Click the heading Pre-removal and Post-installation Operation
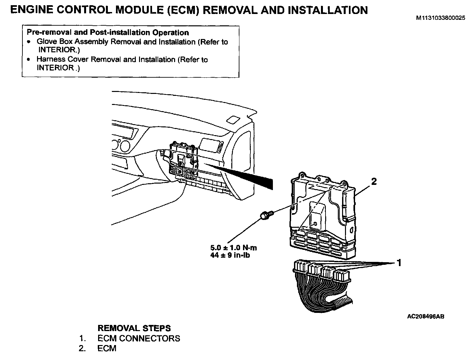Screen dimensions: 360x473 click(108, 32)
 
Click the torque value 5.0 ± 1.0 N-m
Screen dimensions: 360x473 click(234, 248)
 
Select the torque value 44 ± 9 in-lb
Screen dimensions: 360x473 click(230, 255)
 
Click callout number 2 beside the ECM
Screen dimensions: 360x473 click(374, 181)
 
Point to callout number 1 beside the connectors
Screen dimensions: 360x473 click(399, 262)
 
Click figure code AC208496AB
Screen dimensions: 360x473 click(426, 316)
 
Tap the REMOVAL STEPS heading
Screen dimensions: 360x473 click(134, 328)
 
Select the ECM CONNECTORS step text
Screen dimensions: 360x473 click(139, 338)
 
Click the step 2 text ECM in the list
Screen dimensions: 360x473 click(107, 348)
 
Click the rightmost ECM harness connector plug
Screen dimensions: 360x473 click(342, 276)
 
